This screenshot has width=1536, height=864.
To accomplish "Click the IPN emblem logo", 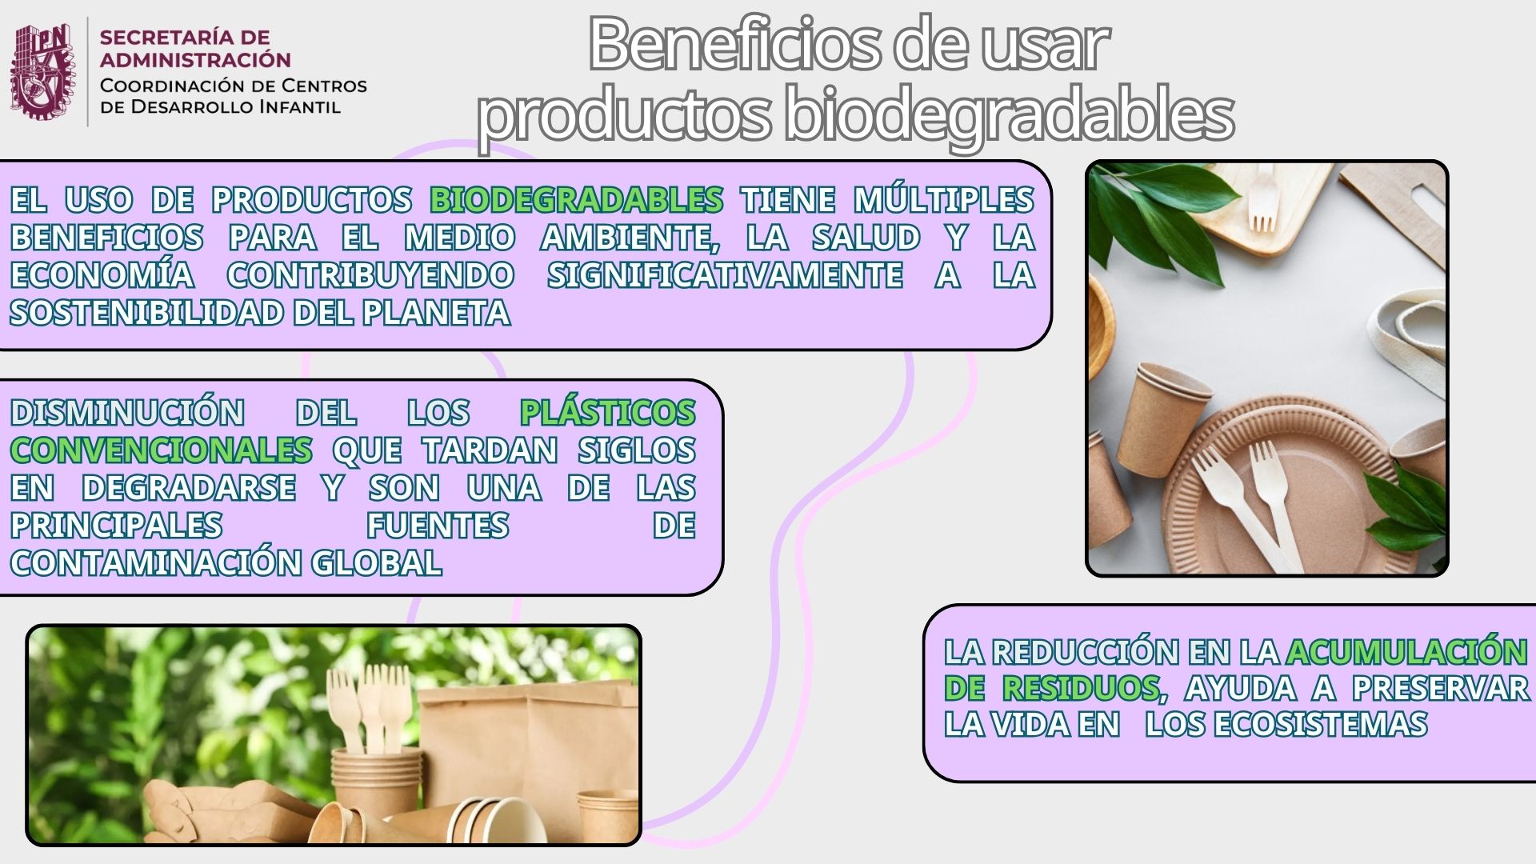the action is coord(43,71).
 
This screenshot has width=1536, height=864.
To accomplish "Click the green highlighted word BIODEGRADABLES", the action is coord(576,200).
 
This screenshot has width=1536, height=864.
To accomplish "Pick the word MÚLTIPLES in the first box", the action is coord(944,199).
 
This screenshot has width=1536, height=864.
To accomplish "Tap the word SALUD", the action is coord(866,238).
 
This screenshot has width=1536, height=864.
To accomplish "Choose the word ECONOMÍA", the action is coord(102,274).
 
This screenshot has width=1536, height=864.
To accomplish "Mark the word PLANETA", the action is coord(436,313).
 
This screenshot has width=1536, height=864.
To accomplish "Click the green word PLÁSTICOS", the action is coord(607,412).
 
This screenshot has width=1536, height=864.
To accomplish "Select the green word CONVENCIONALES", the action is coord(161,450).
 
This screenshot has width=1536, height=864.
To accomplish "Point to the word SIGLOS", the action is coord(637,450).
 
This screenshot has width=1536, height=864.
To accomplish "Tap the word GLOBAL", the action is coord(376,562).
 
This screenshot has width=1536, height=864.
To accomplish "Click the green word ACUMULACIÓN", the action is coord(1406,651).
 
